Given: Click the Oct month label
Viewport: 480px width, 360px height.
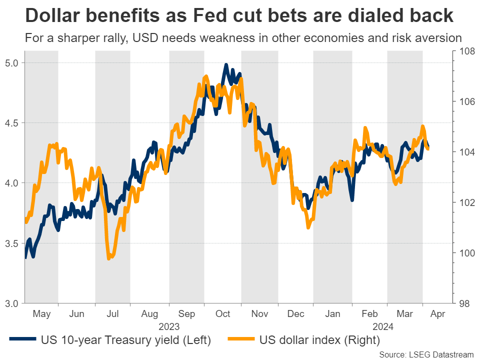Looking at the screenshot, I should coord(222,314).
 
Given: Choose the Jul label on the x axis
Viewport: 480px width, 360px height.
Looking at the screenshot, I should coord(113,314).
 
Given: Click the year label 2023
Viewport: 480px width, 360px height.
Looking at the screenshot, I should coord(169,326).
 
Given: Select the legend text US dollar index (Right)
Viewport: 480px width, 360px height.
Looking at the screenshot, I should coord(319,341).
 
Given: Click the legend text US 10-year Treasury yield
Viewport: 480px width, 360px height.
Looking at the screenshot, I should coord(125,341).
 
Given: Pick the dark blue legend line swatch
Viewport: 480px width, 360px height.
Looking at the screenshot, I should coord(23,341).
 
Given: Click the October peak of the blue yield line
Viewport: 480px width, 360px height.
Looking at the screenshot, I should coord(226,65).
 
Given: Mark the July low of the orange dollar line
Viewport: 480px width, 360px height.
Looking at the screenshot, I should coord(108,258).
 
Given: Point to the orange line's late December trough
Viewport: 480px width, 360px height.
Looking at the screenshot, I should coord(308,227).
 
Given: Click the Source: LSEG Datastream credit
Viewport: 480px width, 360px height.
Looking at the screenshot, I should coord(426,354).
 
